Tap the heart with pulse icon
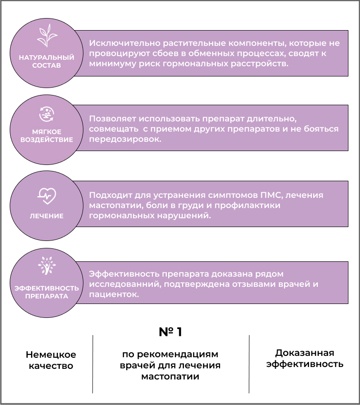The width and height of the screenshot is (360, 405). (47, 196)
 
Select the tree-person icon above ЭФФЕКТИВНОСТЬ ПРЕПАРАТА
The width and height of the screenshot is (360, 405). (47, 266)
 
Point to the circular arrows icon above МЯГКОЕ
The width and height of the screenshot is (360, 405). (47, 114)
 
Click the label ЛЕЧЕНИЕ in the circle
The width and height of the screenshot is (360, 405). (46, 216)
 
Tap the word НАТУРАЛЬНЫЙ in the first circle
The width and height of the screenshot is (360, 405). (46, 57)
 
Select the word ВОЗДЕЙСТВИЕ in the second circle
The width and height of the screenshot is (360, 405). (47, 140)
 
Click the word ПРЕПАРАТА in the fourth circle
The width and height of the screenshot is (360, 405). (47, 296)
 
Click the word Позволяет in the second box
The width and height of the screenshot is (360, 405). (112, 119)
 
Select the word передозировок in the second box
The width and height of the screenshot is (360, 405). (125, 139)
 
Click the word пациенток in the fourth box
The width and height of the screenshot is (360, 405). (114, 294)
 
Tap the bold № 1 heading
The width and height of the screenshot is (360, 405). (171, 332)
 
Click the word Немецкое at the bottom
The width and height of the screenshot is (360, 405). (51, 354)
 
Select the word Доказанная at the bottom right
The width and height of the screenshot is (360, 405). (305, 353)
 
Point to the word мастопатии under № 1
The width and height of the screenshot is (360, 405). (171, 376)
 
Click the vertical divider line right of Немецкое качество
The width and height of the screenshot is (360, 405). (93, 364)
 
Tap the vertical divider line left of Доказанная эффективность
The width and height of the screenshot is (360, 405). (249, 364)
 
